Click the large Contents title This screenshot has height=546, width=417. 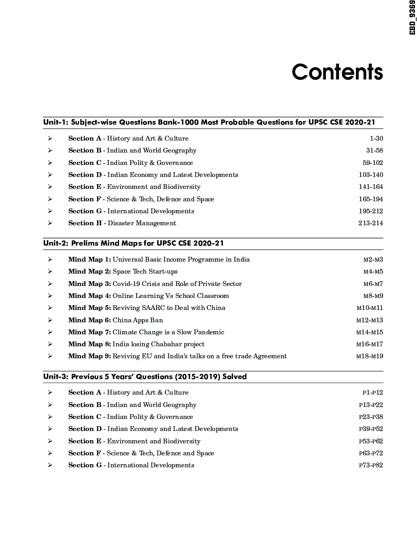tap(337, 72)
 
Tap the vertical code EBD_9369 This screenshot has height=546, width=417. tap(413, 18)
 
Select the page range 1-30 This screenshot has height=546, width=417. tap(376, 139)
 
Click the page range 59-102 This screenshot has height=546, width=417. tap(373, 163)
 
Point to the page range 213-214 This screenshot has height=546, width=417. tap(371, 223)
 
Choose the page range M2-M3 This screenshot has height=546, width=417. tap(373, 260)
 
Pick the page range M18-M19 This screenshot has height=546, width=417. tap(369, 356)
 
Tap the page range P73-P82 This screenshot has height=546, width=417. tap(371, 465)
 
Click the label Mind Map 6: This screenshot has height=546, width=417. tap(89, 320)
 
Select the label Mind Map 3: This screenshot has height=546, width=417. tap(89, 284)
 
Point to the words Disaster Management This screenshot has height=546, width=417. tap(142, 223)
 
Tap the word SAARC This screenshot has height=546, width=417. tap(153, 308)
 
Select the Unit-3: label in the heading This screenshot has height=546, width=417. tap(56, 377)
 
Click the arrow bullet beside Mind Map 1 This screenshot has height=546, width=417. tap(50, 260)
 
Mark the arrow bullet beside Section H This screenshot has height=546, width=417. tap(50, 223)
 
